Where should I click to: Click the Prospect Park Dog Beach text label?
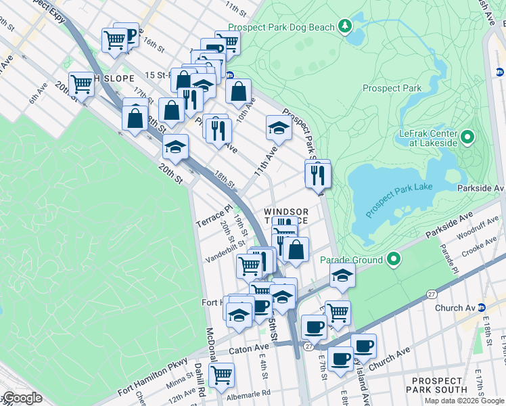[x=281, y=27]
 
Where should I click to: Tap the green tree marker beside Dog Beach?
[x=346, y=26]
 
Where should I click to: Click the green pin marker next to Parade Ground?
[x=393, y=259]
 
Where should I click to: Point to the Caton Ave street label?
[x=250, y=348]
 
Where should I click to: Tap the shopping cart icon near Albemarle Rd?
[x=221, y=374]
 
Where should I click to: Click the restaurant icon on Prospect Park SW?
[x=317, y=175]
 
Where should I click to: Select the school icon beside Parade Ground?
[x=342, y=275]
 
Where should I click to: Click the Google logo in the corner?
[x=22, y=398]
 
